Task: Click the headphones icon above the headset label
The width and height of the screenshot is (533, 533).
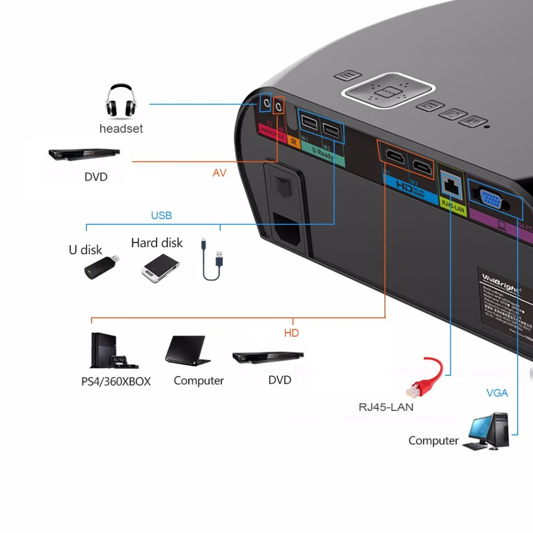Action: [121, 101]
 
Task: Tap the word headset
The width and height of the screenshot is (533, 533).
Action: [121, 128]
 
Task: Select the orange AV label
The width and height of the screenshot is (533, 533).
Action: [220, 173]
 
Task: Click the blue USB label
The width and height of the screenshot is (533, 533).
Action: [161, 216]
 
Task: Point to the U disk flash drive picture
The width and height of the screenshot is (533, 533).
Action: [101, 267]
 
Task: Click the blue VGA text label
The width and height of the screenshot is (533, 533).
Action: [497, 393]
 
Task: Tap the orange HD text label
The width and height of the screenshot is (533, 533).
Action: [291, 333]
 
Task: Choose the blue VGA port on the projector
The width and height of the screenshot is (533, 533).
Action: [490, 200]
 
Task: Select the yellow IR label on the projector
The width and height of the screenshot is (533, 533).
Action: [294, 141]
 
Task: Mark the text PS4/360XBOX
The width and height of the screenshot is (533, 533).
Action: [116, 382]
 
